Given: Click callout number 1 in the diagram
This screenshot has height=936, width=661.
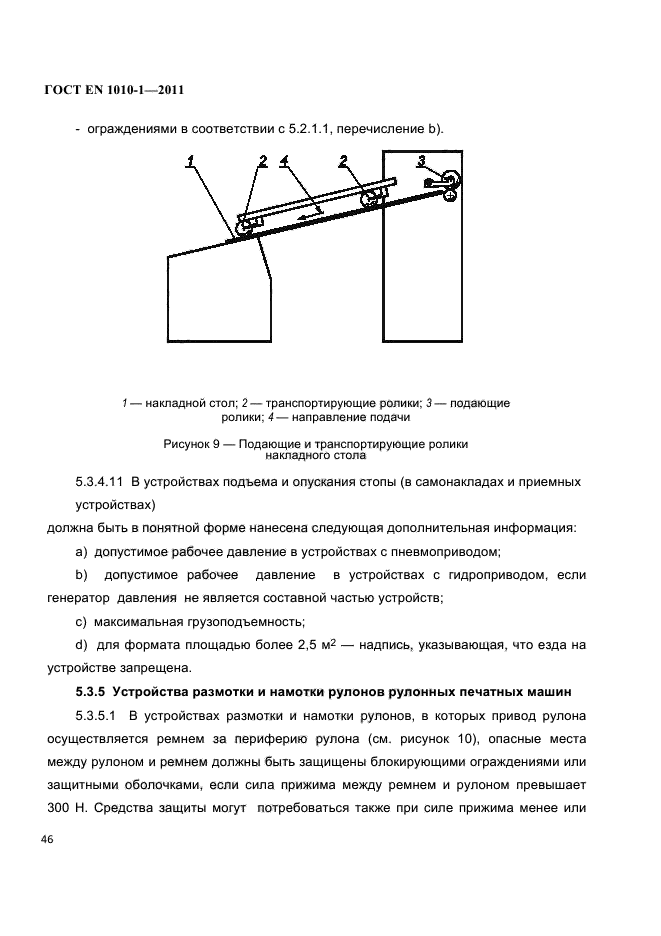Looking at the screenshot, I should [x=190, y=160].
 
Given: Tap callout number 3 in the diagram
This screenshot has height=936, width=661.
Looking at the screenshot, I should [x=421, y=160].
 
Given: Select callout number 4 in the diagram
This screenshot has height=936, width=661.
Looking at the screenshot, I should [x=285, y=160].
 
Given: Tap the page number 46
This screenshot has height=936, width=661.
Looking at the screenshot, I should [x=46, y=838].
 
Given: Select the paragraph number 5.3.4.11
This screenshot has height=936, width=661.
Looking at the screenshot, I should [x=103, y=482].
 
